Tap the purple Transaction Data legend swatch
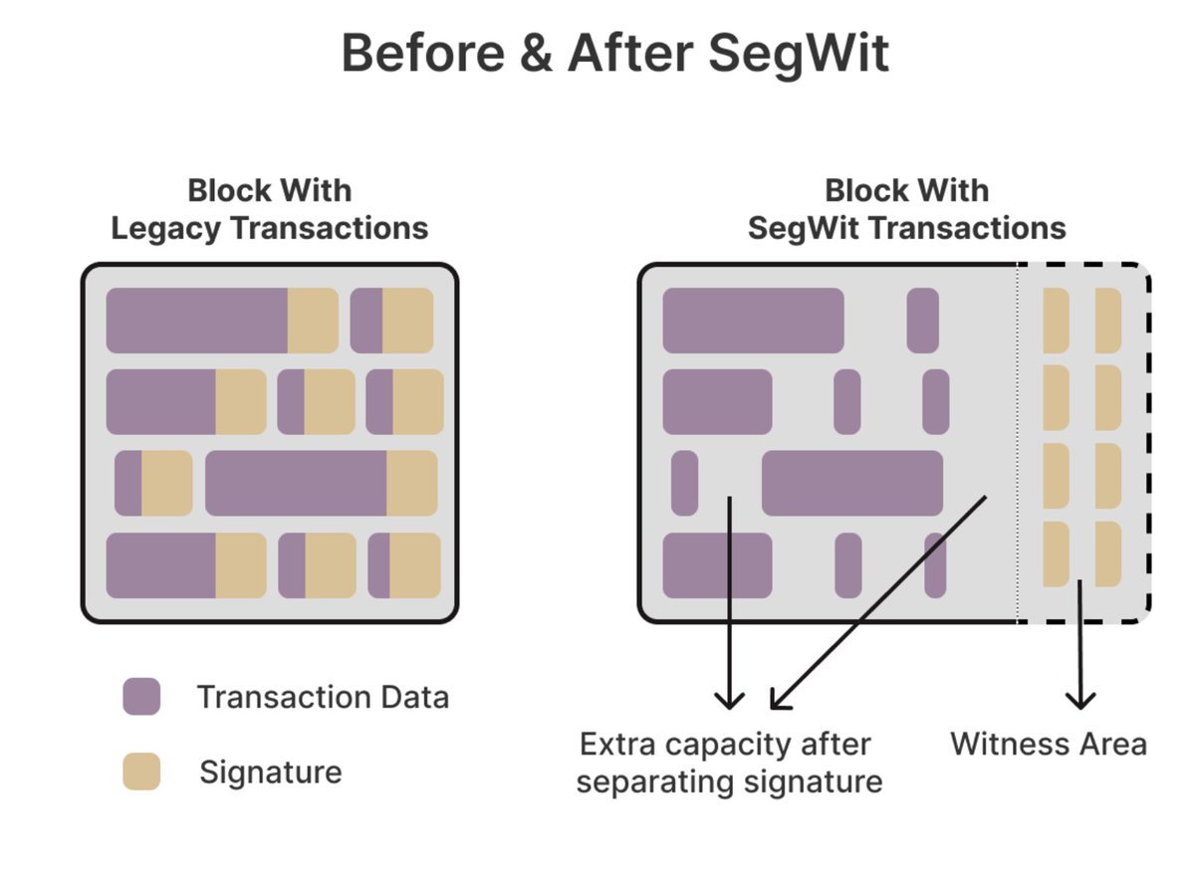point(141,697)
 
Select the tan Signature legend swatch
point(141,772)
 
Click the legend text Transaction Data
point(323,697)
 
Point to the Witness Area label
point(1049,744)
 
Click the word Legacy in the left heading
point(166,228)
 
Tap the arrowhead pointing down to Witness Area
point(1079,699)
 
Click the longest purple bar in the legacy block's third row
point(296,483)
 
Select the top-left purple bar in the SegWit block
point(753,320)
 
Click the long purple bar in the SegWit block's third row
point(851,483)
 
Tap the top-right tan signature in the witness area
point(1108,320)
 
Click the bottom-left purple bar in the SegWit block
point(717,565)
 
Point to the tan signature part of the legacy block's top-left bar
point(313,320)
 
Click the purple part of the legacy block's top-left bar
point(197,320)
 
